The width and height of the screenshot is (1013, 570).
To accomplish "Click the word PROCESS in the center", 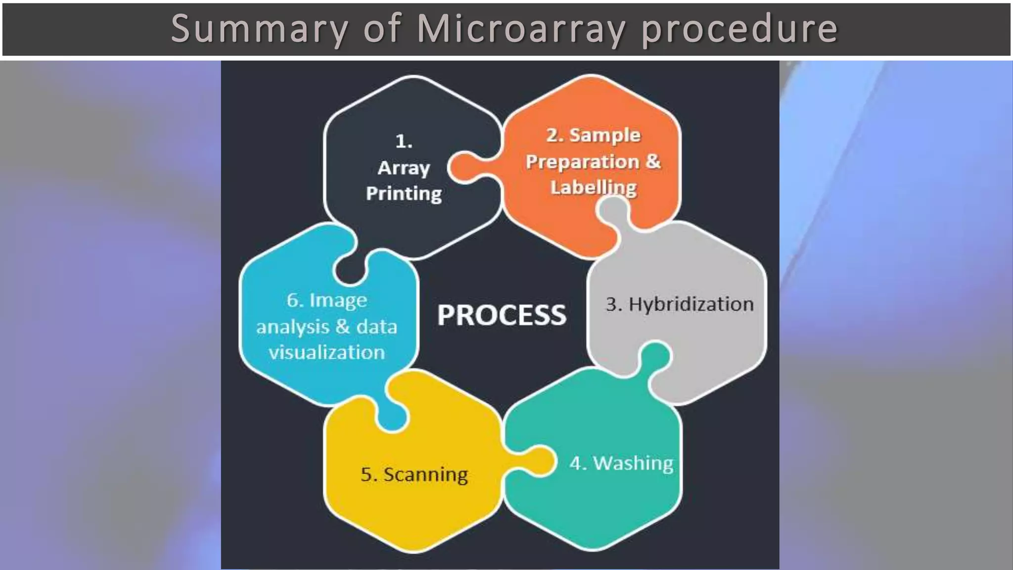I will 501,315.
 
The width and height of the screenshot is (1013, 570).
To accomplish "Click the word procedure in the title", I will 739,29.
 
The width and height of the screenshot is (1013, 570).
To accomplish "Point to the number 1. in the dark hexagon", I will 404,142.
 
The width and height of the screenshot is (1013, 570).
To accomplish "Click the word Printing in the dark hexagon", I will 404,193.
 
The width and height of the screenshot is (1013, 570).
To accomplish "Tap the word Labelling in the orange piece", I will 593,188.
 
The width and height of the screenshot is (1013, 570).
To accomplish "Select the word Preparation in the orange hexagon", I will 582,162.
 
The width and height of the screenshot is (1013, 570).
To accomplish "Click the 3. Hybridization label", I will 680,304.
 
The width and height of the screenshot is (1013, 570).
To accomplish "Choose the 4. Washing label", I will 621,464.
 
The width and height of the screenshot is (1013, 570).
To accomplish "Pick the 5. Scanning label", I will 414,475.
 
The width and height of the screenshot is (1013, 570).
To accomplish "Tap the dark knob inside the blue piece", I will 350,270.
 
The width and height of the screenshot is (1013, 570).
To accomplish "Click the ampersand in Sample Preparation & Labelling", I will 653,161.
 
